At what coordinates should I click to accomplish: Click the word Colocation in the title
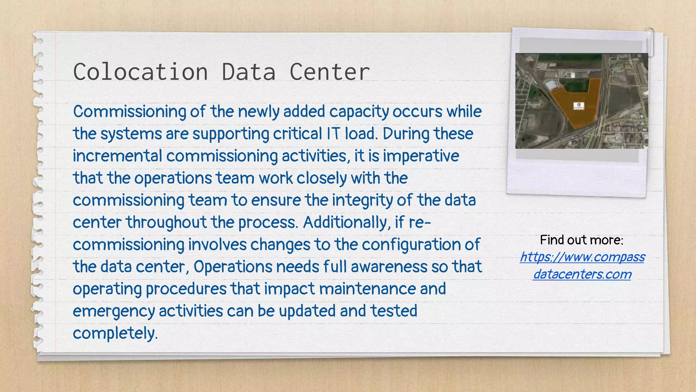(x=140, y=72)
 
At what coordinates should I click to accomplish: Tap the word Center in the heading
(x=329, y=72)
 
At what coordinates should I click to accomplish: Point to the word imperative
(x=421, y=156)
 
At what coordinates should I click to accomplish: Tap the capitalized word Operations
(x=233, y=266)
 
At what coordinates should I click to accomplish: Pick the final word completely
(x=115, y=333)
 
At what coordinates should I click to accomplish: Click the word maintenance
(x=367, y=289)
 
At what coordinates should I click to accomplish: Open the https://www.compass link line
(x=582, y=257)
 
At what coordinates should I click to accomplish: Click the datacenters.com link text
(x=582, y=274)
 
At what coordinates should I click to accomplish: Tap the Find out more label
(x=581, y=240)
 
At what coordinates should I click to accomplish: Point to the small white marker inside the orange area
(x=579, y=105)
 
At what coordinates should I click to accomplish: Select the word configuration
(x=415, y=245)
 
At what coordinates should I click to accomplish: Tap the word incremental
(x=117, y=156)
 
